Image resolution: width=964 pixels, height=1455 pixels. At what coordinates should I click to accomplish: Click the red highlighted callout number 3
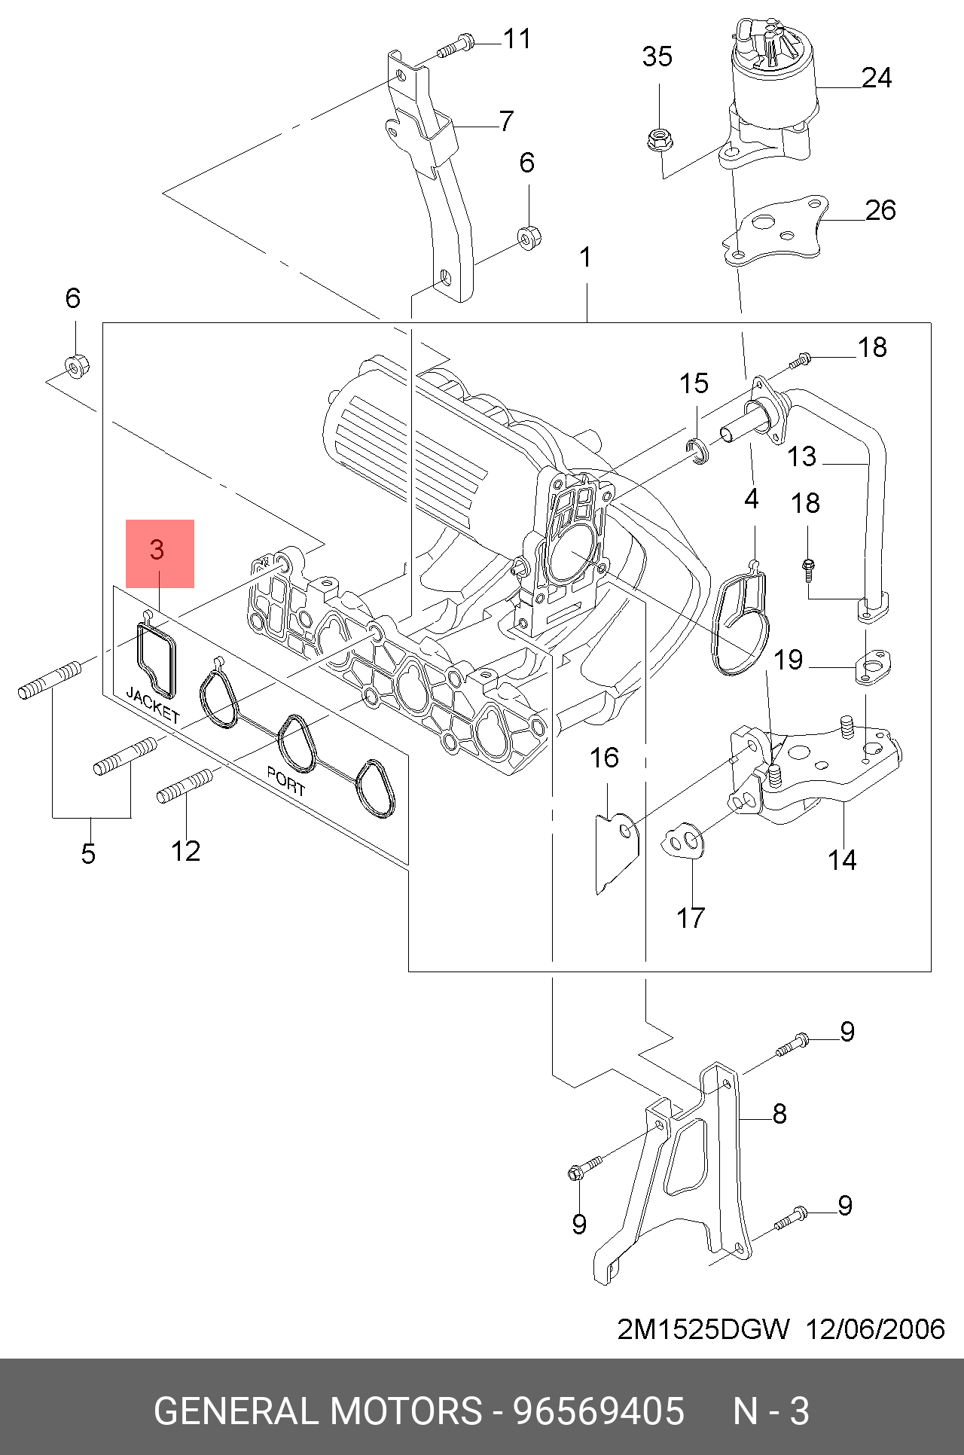point(157,549)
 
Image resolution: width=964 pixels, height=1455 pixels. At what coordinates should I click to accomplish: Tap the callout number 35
point(657,56)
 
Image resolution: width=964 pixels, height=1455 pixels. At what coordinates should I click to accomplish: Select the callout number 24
point(877,78)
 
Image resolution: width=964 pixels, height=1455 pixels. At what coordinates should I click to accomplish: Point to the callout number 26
point(880,210)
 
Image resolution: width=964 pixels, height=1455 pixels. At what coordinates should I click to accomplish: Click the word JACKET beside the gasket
point(153,704)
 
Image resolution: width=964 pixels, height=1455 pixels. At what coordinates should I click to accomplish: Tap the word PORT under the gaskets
point(286,782)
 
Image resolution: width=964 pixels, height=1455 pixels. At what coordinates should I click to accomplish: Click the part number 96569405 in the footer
point(599,1411)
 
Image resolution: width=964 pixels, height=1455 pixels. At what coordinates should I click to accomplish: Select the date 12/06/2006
point(875,1329)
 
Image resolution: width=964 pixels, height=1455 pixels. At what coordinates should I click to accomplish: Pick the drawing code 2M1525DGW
point(703,1329)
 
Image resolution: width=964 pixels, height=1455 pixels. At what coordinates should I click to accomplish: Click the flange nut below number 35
point(660,139)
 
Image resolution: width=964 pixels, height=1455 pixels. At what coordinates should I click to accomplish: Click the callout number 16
point(604,758)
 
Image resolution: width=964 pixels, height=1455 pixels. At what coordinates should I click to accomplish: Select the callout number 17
point(690,918)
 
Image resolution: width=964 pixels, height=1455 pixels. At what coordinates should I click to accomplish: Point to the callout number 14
point(842,860)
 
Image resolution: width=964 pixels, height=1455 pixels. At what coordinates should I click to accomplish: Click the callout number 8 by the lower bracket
point(779,1114)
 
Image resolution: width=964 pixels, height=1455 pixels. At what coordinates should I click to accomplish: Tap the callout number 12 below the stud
point(185,852)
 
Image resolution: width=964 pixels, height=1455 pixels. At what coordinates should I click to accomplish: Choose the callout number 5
point(89,854)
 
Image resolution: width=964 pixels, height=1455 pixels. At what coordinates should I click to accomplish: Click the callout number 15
point(694,384)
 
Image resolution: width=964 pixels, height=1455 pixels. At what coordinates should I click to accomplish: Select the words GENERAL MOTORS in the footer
point(318,1411)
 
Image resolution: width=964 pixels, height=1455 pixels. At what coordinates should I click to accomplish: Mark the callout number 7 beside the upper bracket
point(507,121)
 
